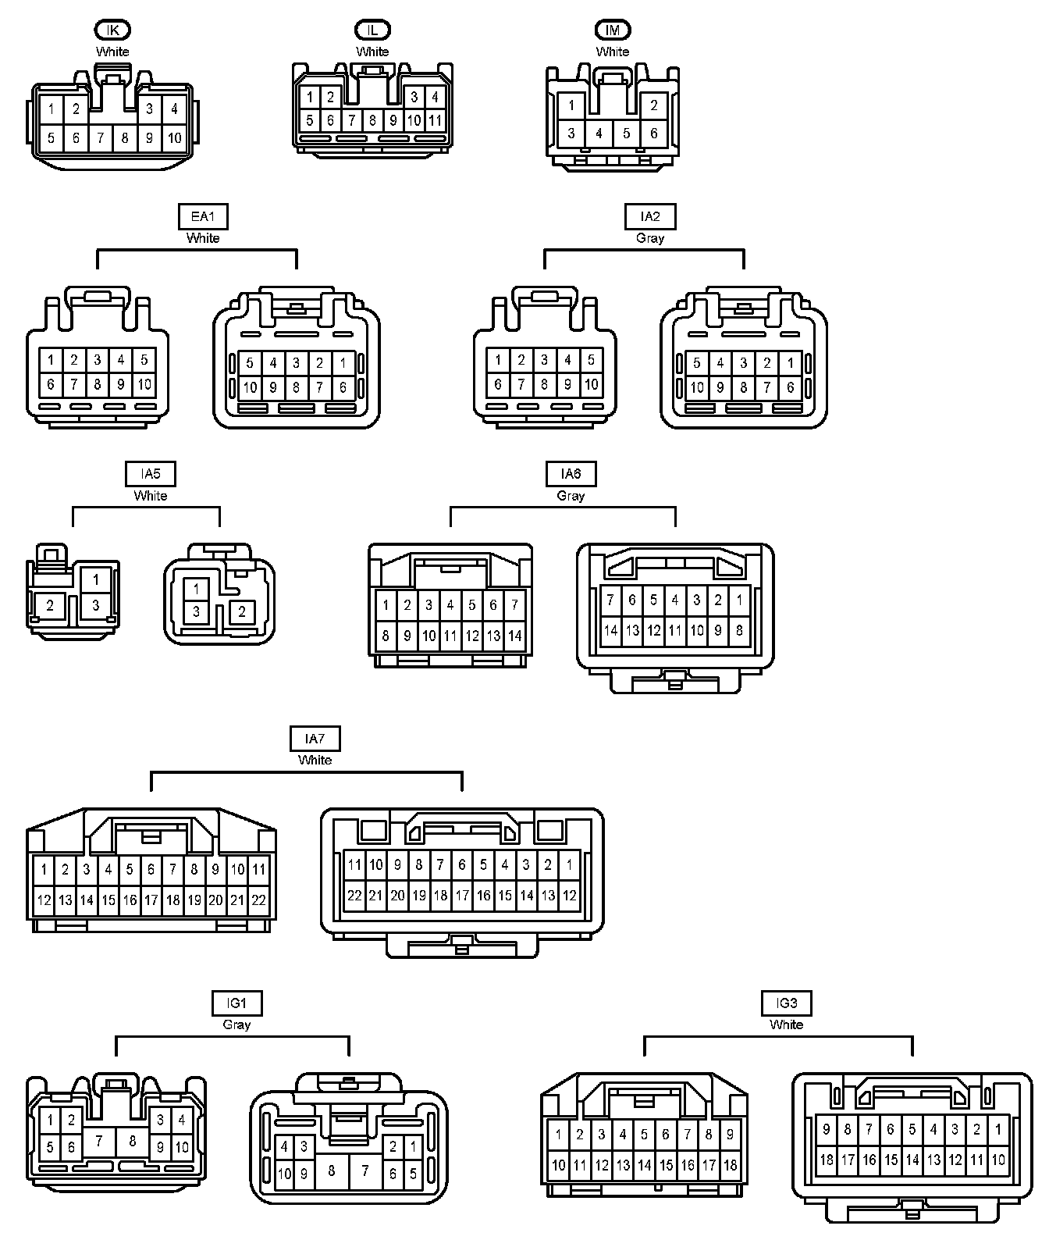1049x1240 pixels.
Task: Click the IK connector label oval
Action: point(112,30)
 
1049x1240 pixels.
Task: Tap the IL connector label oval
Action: point(372,30)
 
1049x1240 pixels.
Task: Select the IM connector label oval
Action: point(613,30)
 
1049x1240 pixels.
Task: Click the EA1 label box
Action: point(203,216)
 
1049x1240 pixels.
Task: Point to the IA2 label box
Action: point(650,216)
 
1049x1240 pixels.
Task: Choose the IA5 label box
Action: point(151,474)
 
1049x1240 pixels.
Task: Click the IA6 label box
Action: point(571,474)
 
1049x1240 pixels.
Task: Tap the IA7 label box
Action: point(315,738)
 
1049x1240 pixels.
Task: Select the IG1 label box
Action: point(236,1003)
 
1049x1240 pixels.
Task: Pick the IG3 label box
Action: point(787,1003)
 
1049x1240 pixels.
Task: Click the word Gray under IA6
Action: point(571,496)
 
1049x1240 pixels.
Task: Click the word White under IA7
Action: point(315,760)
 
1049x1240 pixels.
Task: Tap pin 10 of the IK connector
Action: point(174,138)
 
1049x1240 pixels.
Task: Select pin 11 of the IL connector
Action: point(435,120)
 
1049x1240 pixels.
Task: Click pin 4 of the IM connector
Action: point(599,134)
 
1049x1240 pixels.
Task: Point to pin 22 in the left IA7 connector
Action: point(258,900)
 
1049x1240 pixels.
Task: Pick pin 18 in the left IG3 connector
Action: point(731,1165)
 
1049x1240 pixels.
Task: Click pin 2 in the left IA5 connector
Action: point(50,605)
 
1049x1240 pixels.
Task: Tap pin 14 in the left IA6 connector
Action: point(514,636)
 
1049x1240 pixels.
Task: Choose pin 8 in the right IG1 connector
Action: point(332,1171)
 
